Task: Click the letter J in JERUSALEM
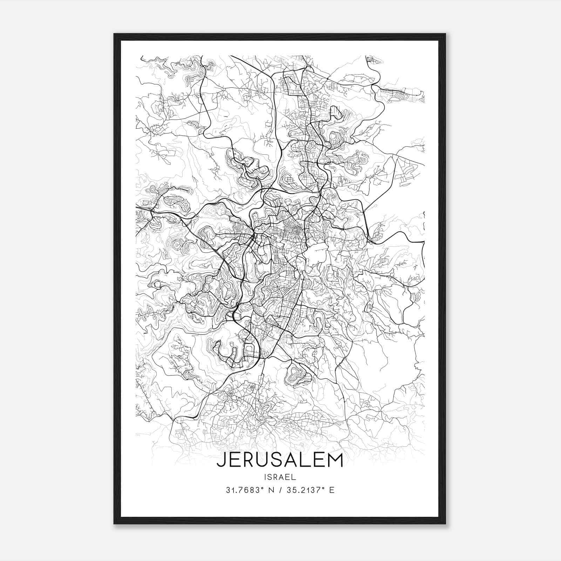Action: tap(221, 460)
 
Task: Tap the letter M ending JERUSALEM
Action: tap(334, 460)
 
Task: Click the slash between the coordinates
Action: tap(279, 490)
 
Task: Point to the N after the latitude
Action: tap(271, 490)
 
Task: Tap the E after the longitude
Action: tap(332, 490)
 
